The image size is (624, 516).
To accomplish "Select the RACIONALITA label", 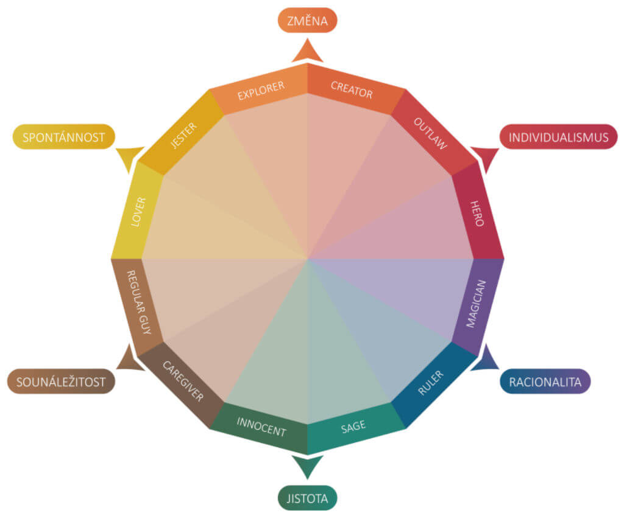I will (545, 382).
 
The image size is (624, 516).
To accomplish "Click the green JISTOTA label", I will (308, 499).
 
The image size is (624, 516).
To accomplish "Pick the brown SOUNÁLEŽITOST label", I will (61, 382).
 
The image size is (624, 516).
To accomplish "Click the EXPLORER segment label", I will (261, 91).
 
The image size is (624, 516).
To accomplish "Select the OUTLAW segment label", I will (431, 134).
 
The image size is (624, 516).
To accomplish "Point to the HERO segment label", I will (477, 212).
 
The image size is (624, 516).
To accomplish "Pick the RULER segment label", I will (431, 382).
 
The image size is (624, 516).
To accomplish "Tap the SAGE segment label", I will (353, 427).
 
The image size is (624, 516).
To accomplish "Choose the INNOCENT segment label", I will (261, 427).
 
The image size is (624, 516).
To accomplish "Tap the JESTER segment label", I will (183, 134).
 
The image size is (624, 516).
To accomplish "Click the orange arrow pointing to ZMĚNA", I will (307, 51).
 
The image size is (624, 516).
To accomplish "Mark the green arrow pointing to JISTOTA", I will (307, 467).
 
